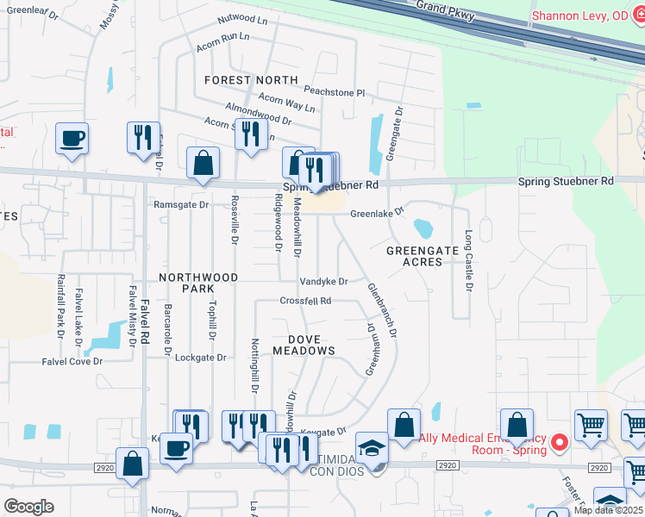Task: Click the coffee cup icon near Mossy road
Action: pos(72,137)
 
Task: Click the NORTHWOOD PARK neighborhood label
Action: pos(198,283)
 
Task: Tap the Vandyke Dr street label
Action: pos(323,282)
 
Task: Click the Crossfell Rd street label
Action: pos(305,301)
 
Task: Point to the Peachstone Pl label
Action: pos(335,92)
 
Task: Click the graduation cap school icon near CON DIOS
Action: pos(373,448)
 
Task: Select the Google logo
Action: pos(28,506)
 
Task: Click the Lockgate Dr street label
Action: pos(200,357)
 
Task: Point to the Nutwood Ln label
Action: pos(242,17)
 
